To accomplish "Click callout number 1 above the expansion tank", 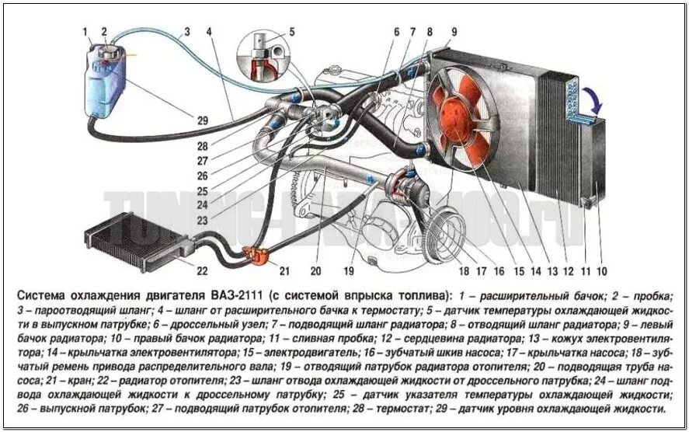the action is click(x=85, y=31).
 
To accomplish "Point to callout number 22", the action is click(x=202, y=271).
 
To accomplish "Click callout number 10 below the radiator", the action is click(x=603, y=271).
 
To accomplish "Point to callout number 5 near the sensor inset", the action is click(x=291, y=32).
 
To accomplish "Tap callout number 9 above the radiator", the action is click(x=454, y=32).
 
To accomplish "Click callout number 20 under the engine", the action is click(x=316, y=271).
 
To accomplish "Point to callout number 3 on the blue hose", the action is click(x=186, y=32).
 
